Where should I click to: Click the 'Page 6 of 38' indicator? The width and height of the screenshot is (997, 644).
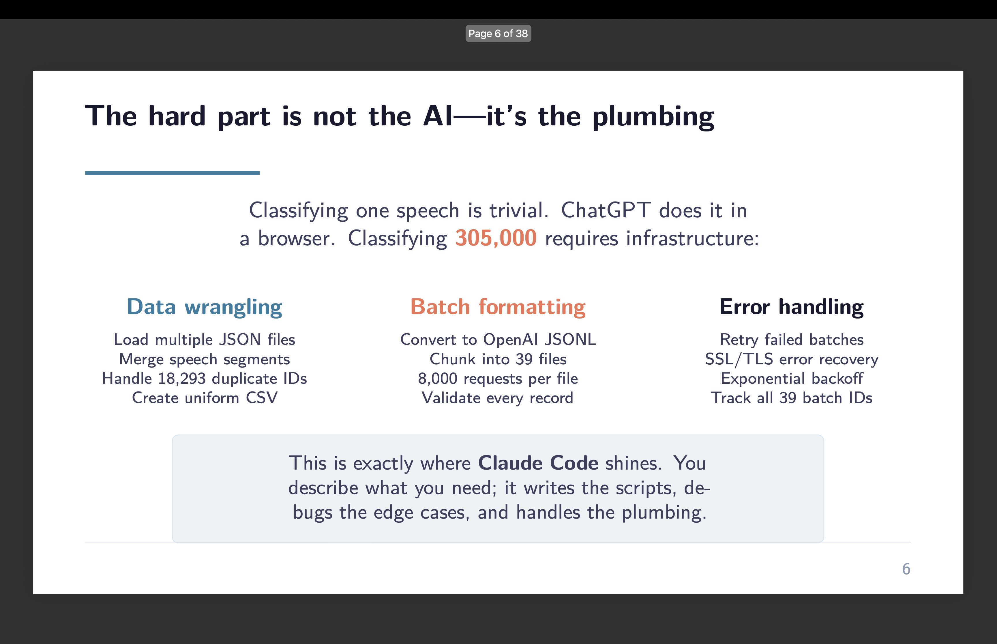498,33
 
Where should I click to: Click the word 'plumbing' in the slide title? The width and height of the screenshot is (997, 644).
653,117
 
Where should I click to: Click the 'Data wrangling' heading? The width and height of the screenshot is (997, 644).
204,307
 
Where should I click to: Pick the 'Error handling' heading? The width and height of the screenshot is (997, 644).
791,307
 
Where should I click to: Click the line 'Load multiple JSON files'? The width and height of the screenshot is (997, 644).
204,340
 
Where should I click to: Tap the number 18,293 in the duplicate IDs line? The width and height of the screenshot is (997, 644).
182,379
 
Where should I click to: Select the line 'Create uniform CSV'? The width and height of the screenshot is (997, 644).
204,398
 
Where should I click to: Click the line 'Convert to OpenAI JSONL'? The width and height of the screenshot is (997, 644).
498,340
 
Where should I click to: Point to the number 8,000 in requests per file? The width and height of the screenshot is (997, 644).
437,379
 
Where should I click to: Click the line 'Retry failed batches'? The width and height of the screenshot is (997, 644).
791,340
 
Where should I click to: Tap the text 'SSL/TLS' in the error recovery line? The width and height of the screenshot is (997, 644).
739,359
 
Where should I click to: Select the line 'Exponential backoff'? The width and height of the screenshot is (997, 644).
791,379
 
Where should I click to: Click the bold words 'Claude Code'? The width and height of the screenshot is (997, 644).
538,463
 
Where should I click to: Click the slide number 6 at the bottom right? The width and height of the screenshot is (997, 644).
906,569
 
